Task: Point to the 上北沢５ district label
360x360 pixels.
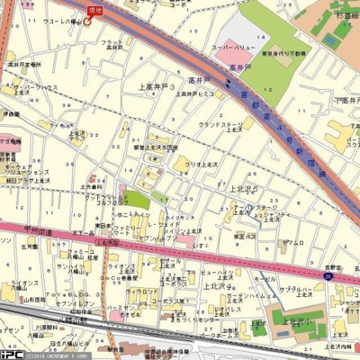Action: (244, 189)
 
